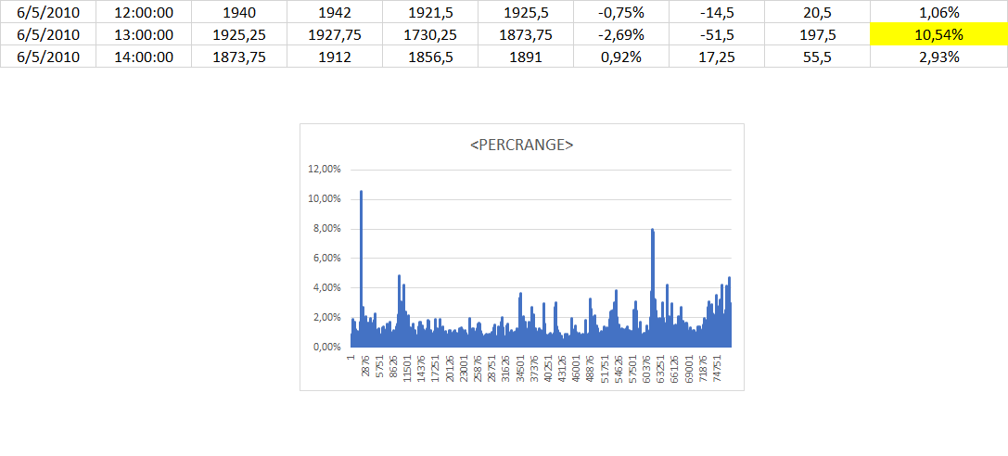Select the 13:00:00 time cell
(144, 35)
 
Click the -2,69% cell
(622, 35)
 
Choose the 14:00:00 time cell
(144, 56)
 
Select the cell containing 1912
(334, 56)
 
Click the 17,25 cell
(718, 56)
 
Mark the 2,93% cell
(938, 56)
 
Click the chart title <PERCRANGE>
(521, 146)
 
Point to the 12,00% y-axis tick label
(324, 170)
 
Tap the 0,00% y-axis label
(326, 347)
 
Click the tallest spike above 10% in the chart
(361, 193)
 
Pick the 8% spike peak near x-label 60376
(653, 230)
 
